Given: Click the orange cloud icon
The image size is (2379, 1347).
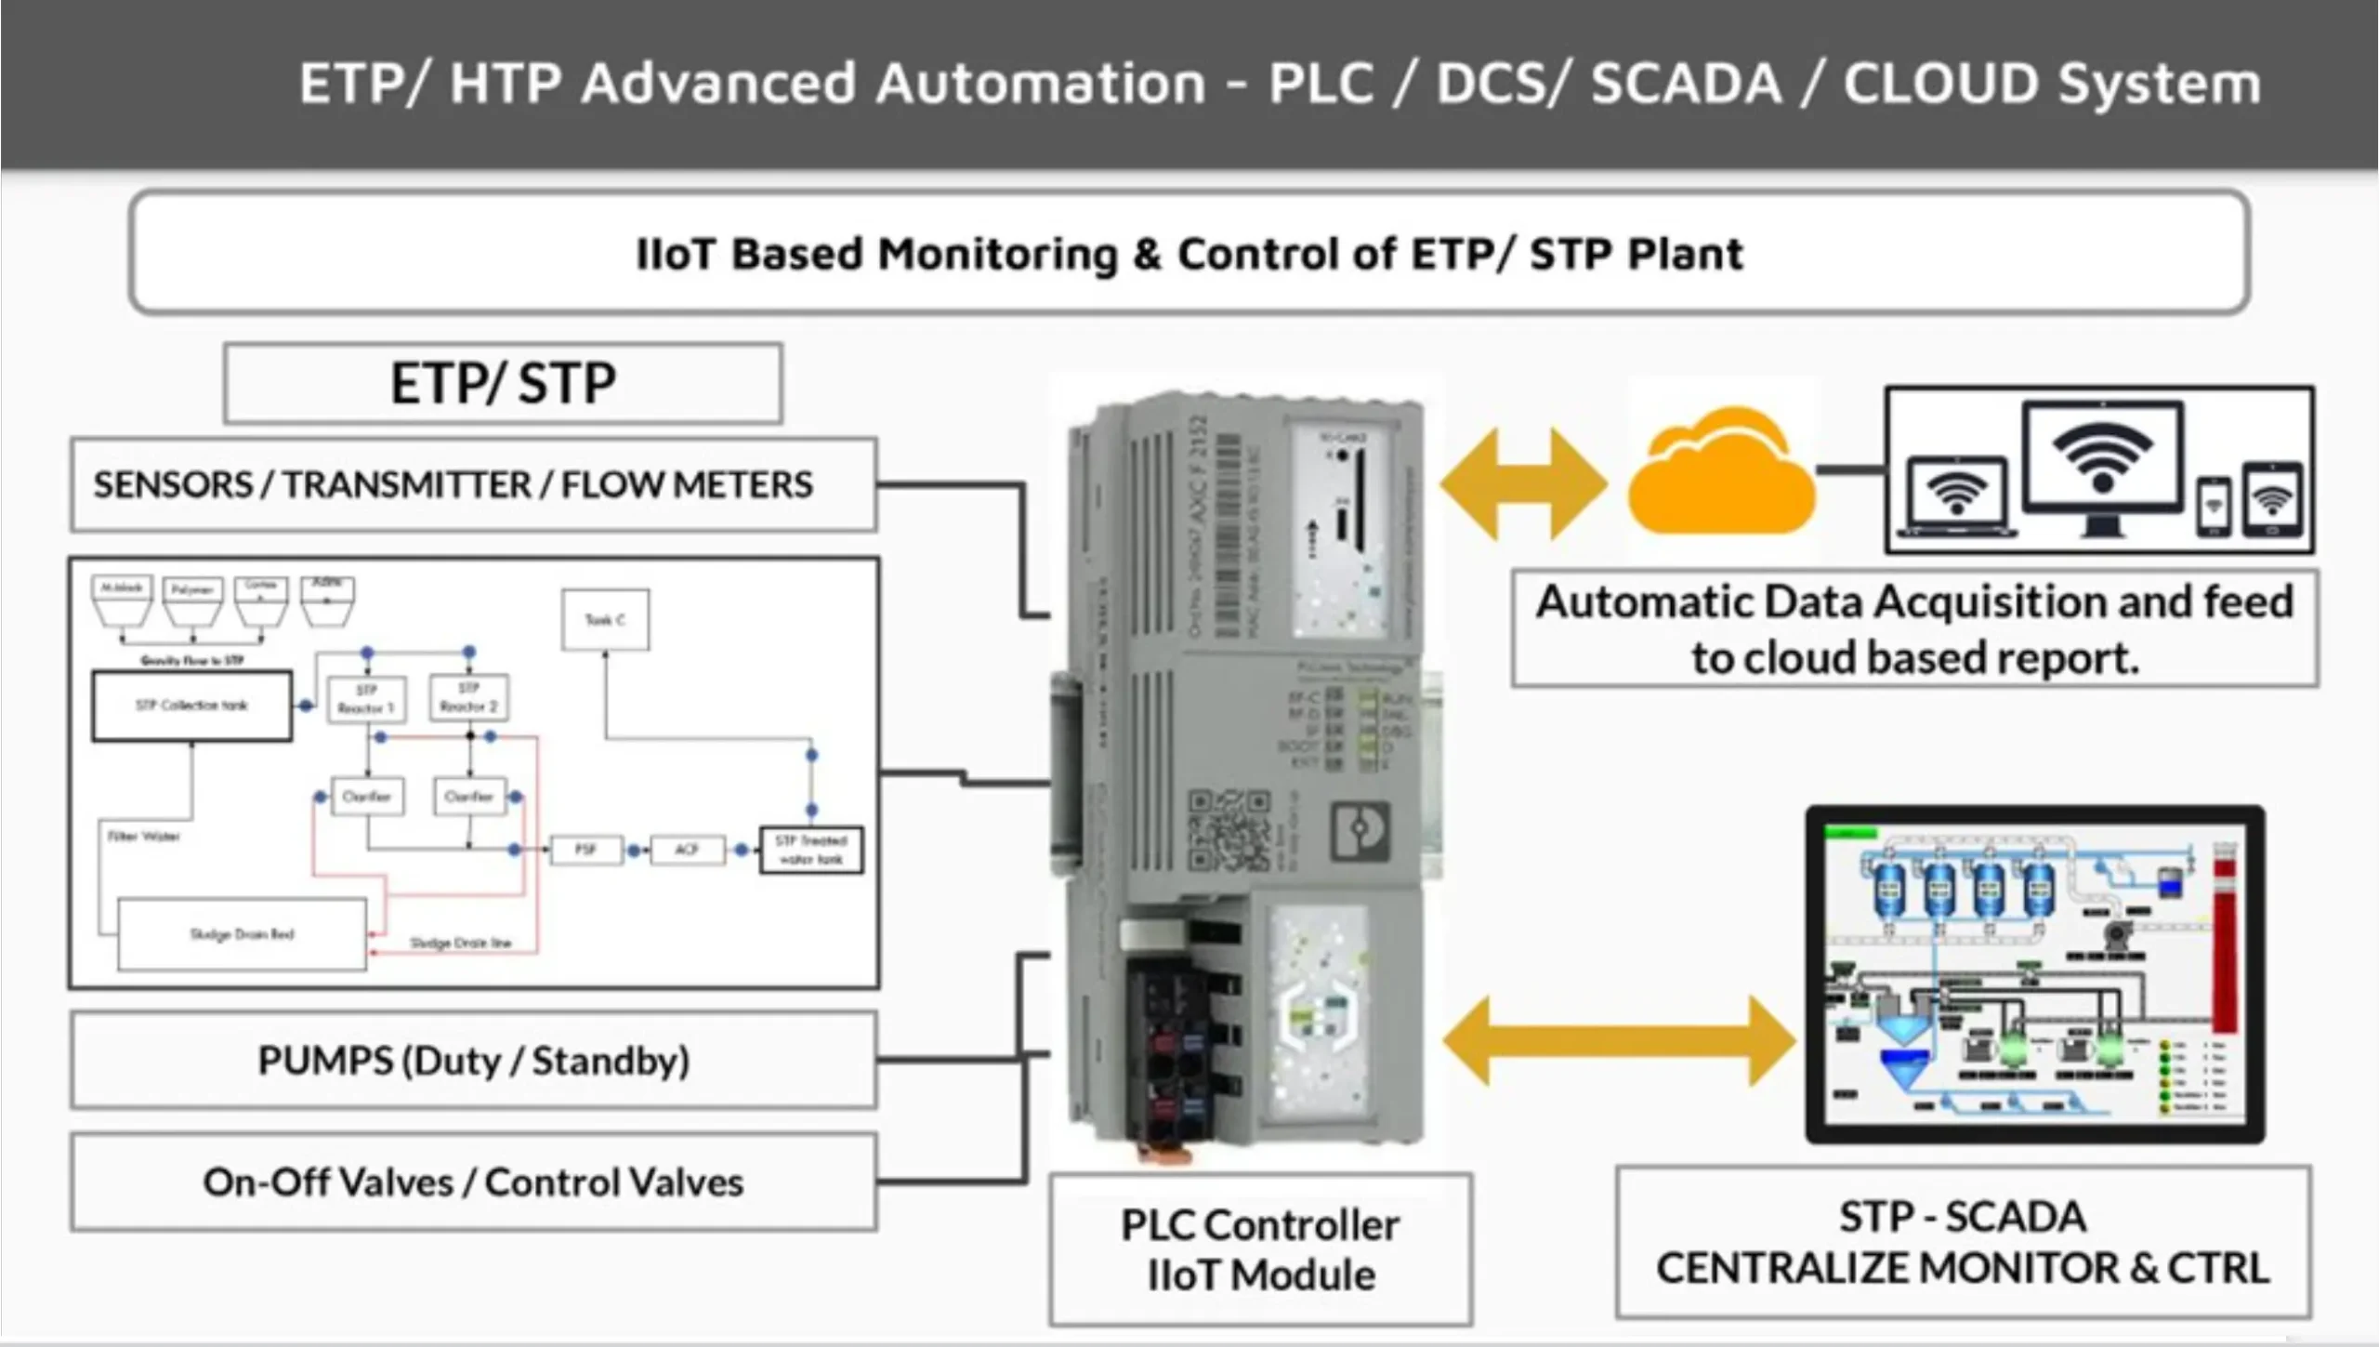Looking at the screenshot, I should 1721,474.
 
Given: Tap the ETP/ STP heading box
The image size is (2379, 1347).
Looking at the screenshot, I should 503,383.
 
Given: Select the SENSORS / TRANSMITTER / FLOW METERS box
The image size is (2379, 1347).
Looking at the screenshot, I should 473,484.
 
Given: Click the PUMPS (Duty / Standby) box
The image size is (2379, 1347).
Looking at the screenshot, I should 473,1061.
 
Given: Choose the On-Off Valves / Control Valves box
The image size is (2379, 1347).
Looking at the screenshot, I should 473,1182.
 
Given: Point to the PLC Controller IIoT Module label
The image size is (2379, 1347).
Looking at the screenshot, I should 1260,1249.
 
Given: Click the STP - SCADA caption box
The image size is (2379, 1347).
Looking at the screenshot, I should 1963,1242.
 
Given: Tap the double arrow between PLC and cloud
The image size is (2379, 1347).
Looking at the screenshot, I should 1524,484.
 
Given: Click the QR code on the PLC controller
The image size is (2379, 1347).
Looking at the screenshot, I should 1229,830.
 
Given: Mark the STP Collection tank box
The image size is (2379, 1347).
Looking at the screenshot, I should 191,706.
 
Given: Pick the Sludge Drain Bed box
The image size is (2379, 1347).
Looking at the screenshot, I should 242,934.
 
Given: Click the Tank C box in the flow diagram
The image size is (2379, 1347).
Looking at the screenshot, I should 605,620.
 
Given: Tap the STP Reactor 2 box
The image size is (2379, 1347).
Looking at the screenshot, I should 468,698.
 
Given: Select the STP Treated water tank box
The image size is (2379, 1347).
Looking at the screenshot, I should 810,850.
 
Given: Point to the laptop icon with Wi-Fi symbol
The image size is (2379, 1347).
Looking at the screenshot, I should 1956,497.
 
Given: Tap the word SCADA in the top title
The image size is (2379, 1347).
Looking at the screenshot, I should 1687,84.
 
